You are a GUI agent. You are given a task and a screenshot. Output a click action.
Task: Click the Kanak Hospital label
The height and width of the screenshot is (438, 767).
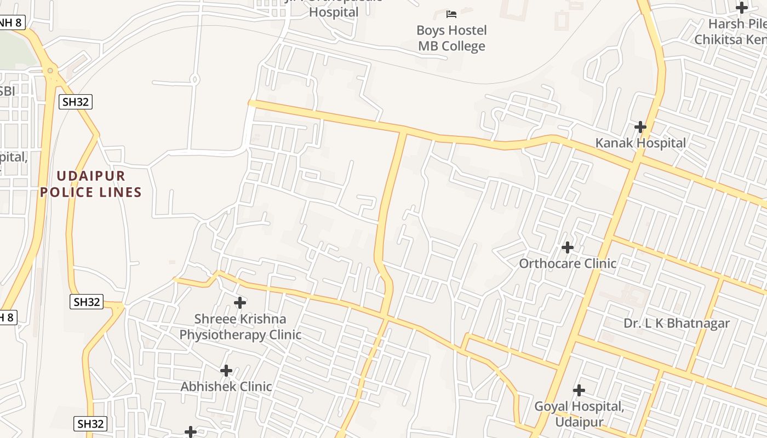click(640, 143)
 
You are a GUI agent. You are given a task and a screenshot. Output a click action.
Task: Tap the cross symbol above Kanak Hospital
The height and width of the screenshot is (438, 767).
click(640, 127)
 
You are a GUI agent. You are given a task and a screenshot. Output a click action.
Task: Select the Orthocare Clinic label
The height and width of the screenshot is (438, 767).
click(568, 263)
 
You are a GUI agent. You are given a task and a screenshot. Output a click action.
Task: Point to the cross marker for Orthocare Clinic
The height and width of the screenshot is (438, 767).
click(568, 247)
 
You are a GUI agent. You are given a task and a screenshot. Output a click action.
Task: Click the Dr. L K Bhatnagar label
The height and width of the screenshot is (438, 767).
click(677, 323)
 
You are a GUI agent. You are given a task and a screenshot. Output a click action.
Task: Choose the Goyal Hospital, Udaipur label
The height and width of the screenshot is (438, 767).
click(579, 414)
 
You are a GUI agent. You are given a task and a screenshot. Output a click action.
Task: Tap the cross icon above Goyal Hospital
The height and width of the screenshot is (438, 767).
click(579, 390)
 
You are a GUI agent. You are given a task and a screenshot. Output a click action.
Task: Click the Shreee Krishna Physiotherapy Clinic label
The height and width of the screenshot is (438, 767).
click(240, 326)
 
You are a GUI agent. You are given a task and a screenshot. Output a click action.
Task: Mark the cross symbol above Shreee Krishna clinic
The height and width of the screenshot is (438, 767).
click(240, 302)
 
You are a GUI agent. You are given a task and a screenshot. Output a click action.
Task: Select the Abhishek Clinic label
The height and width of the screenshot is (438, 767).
click(226, 387)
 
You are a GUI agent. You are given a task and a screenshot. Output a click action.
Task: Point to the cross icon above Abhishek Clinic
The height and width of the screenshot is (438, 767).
click(226, 371)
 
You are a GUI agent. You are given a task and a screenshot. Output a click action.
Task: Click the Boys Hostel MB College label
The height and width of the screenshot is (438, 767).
click(451, 38)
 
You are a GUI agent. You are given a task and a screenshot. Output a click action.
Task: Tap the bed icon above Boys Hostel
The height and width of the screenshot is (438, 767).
click(451, 14)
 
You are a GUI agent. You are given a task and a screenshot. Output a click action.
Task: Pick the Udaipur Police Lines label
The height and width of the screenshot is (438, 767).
click(91, 184)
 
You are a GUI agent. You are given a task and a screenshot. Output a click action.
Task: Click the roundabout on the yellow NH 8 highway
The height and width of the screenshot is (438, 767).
click(50, 70)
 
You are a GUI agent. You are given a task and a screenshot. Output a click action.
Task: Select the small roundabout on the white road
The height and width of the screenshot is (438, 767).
click(194, 79)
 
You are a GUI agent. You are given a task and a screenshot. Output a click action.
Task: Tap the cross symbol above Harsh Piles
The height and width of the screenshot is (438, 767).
click(742, 8)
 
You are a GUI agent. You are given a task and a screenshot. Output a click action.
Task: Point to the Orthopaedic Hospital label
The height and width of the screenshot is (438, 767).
click(334, 9)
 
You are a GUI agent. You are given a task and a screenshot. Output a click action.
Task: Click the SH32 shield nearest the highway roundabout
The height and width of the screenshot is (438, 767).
click(76, 101)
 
